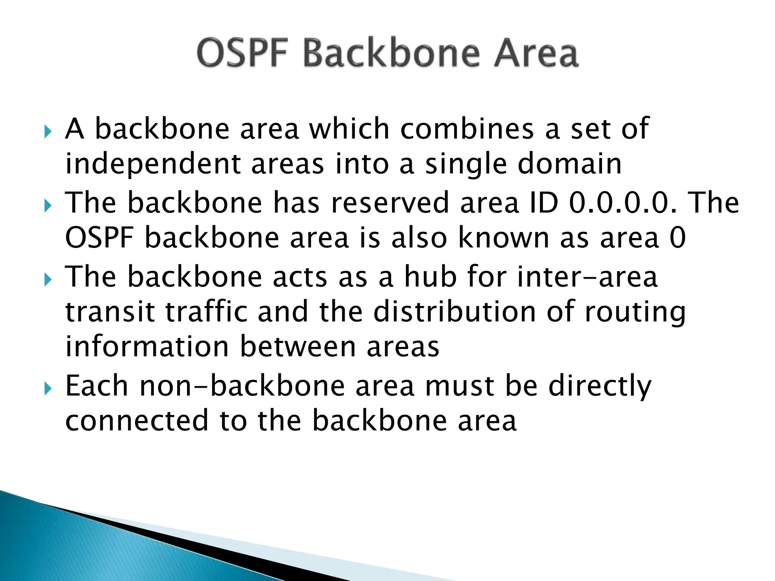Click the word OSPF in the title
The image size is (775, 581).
(x=242, y=53)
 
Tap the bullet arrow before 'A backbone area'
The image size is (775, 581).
(x=47, y=132)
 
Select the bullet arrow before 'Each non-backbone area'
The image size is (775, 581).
(x=47, y=388)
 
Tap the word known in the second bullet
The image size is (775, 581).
(x=503, y=238)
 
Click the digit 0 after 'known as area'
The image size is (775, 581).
(x=677, y=238)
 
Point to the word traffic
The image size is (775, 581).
(x=206, y=312)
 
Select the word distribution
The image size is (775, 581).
(x=454, y=312)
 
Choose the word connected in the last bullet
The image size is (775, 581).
(x=137, y=421)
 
